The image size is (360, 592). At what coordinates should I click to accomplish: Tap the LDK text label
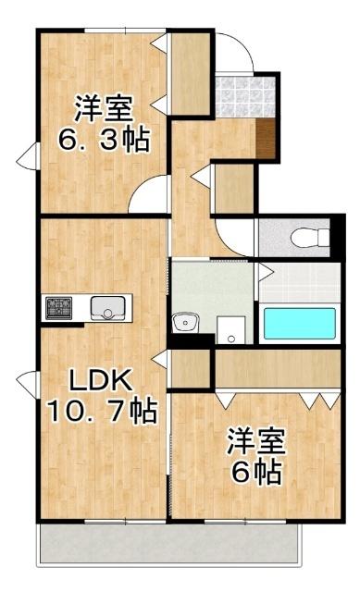coord(91,380)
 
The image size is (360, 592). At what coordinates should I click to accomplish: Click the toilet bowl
coord(306,238)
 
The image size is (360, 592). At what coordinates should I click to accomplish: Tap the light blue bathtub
coord(300,325)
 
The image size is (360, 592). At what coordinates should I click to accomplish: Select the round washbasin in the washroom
coord(187,324)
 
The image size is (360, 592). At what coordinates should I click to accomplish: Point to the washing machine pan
coord(230,329)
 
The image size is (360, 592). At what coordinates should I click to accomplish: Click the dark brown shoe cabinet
coord(267,140)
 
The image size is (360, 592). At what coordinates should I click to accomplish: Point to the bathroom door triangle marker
coord(266,271)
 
